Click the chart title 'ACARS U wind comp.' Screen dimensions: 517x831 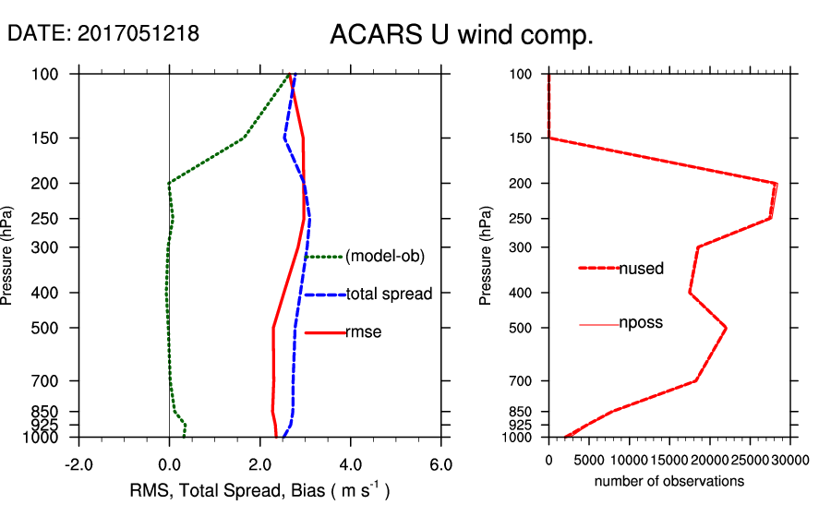461,36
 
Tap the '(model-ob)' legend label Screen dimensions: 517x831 384,257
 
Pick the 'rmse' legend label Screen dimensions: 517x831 363,332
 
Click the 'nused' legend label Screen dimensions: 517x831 641,269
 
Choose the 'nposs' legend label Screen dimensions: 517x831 641,323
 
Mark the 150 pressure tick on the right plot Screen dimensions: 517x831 525,138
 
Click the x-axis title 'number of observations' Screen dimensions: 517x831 669,481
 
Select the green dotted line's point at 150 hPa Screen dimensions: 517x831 244,138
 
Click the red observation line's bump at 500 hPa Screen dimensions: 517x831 726,328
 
